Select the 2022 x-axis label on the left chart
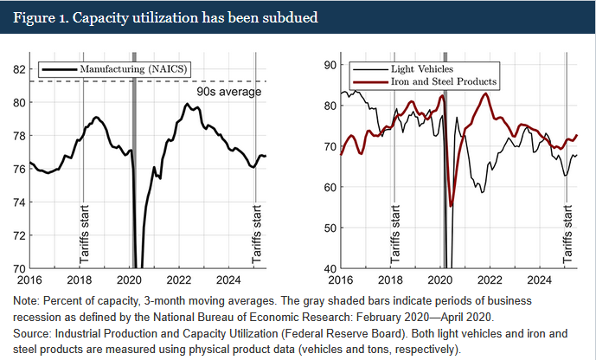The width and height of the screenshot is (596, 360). (179, 280)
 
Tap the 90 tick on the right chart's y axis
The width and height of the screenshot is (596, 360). (329, 65)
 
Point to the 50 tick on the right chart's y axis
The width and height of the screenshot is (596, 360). (329, 228)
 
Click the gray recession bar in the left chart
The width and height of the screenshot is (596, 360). (134, 173)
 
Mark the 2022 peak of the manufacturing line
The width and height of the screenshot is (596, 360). (187, 105)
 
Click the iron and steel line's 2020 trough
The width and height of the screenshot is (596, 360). (451, 205)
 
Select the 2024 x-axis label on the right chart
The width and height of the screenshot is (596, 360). (540, 280)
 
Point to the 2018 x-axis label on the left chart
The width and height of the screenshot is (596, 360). (79, 280)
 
